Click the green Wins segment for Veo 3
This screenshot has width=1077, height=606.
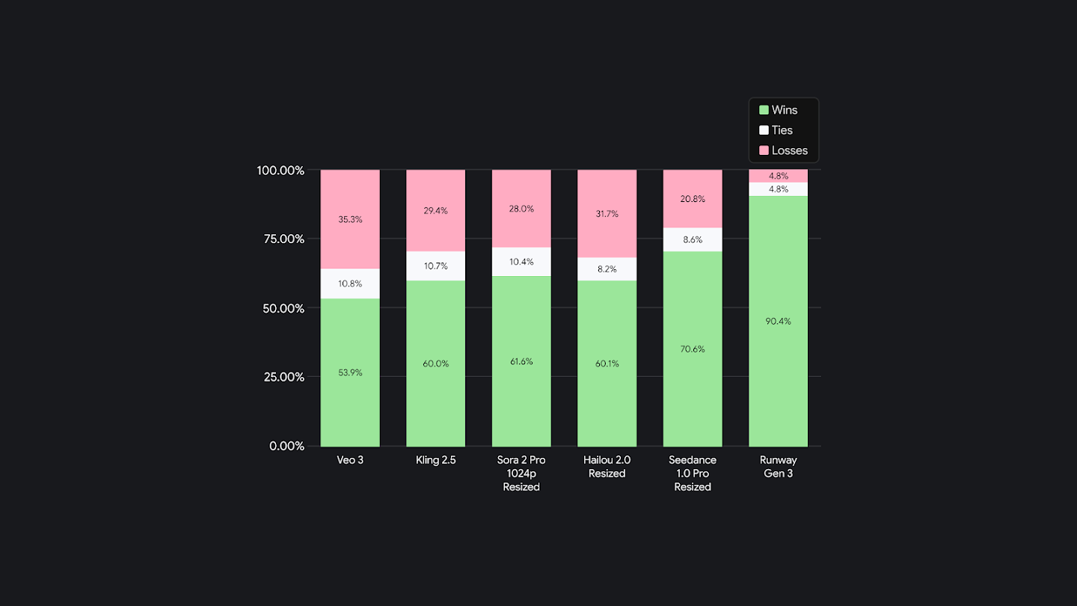click(350, 397)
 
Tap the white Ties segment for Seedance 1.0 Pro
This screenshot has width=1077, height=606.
click(693, 239)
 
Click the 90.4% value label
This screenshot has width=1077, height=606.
click(778, 322)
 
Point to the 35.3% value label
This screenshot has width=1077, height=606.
click(350, 219)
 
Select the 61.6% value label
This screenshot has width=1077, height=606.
click(521, 361)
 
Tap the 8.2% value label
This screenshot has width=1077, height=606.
click(607, 269)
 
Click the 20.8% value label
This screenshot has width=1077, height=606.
click(693, 199)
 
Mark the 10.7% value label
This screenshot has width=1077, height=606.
click(435, 266)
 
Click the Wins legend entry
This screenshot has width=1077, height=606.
click(779, 110)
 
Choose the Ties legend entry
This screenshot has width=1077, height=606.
click(776, 130)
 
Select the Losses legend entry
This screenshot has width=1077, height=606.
click(783, 150)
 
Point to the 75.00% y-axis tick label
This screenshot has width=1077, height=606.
click(280, 239)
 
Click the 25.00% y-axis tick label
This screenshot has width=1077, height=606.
click(280, 377)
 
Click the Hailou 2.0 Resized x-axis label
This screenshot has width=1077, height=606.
click(607, 467)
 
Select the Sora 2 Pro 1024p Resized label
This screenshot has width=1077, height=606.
click(521, 474)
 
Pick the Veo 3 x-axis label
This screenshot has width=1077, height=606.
click(350, 460)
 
